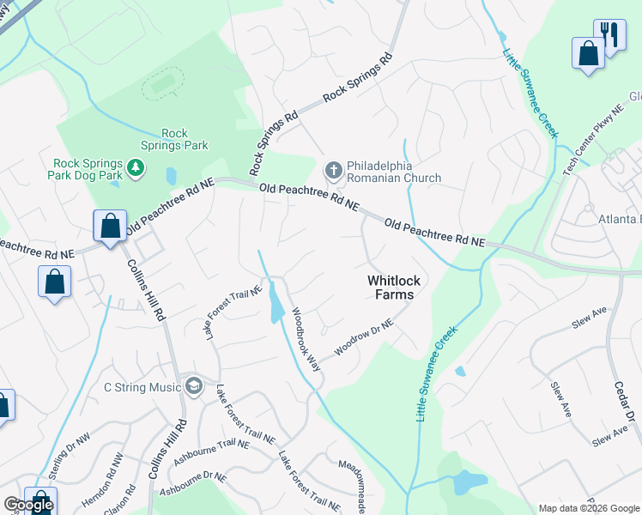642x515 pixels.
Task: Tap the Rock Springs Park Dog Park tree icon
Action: tap(135, 165)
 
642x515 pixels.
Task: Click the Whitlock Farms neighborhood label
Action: tap(391, 288)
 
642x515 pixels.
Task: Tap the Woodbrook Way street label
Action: tap(306, 339)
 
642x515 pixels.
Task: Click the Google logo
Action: tap(27, 505)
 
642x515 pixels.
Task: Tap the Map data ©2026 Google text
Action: tap(588, 508)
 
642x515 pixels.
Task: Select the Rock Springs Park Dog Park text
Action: tap(88, 168)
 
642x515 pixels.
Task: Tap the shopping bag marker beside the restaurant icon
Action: tap(589, 52)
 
